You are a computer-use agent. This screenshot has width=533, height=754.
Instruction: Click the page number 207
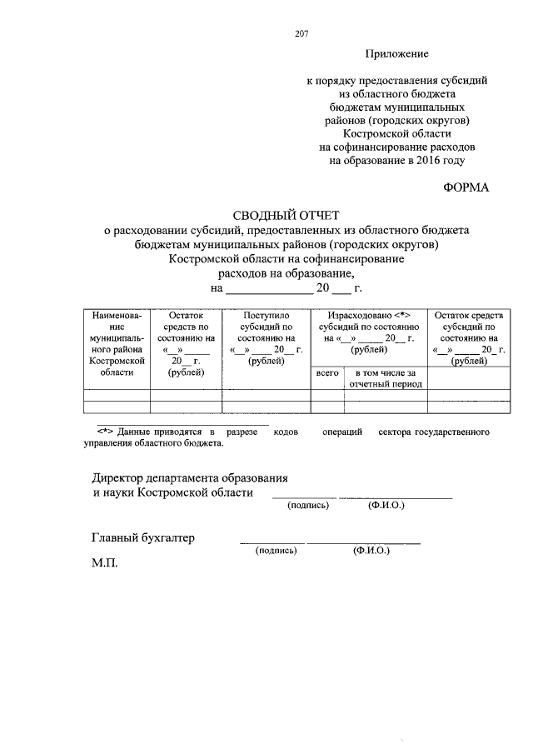tap(301, 34)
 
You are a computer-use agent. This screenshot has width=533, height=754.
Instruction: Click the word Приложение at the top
tap(396, 54)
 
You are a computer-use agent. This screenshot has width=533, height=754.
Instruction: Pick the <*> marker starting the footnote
tap(105, 432)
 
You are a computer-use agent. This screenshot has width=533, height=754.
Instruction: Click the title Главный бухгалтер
tap(143, 538)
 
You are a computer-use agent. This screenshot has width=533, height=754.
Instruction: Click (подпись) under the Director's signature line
tap(308, 505)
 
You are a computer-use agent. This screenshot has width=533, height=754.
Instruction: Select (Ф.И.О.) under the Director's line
tap(386, 505)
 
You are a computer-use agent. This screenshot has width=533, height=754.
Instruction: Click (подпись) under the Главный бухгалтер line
tap(276, 551)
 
